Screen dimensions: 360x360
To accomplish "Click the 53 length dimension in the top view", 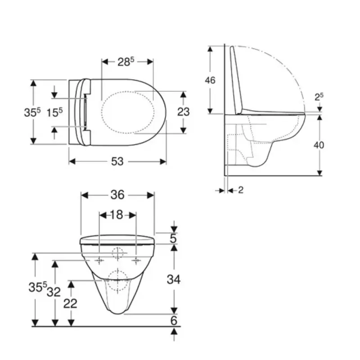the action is click(x=117, y=162).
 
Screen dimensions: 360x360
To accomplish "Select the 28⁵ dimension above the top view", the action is click(x=126, y=62).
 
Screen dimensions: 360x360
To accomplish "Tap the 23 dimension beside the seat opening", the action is click(x=184, y=112).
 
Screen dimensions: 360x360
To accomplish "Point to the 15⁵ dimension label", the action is click(x=54, y=112).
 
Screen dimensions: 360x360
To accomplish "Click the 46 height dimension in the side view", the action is click(x=210, y=80).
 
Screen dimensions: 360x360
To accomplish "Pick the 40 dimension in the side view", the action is click(x=319, y=145).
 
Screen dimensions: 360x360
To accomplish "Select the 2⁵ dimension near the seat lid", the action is click(x=319, y=97).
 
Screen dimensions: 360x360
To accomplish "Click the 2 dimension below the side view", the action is click(x=240, y=190).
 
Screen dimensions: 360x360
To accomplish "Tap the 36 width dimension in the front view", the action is click(x=117, y=195).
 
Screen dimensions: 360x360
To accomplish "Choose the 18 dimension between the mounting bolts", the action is click(x=117, y=215).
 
